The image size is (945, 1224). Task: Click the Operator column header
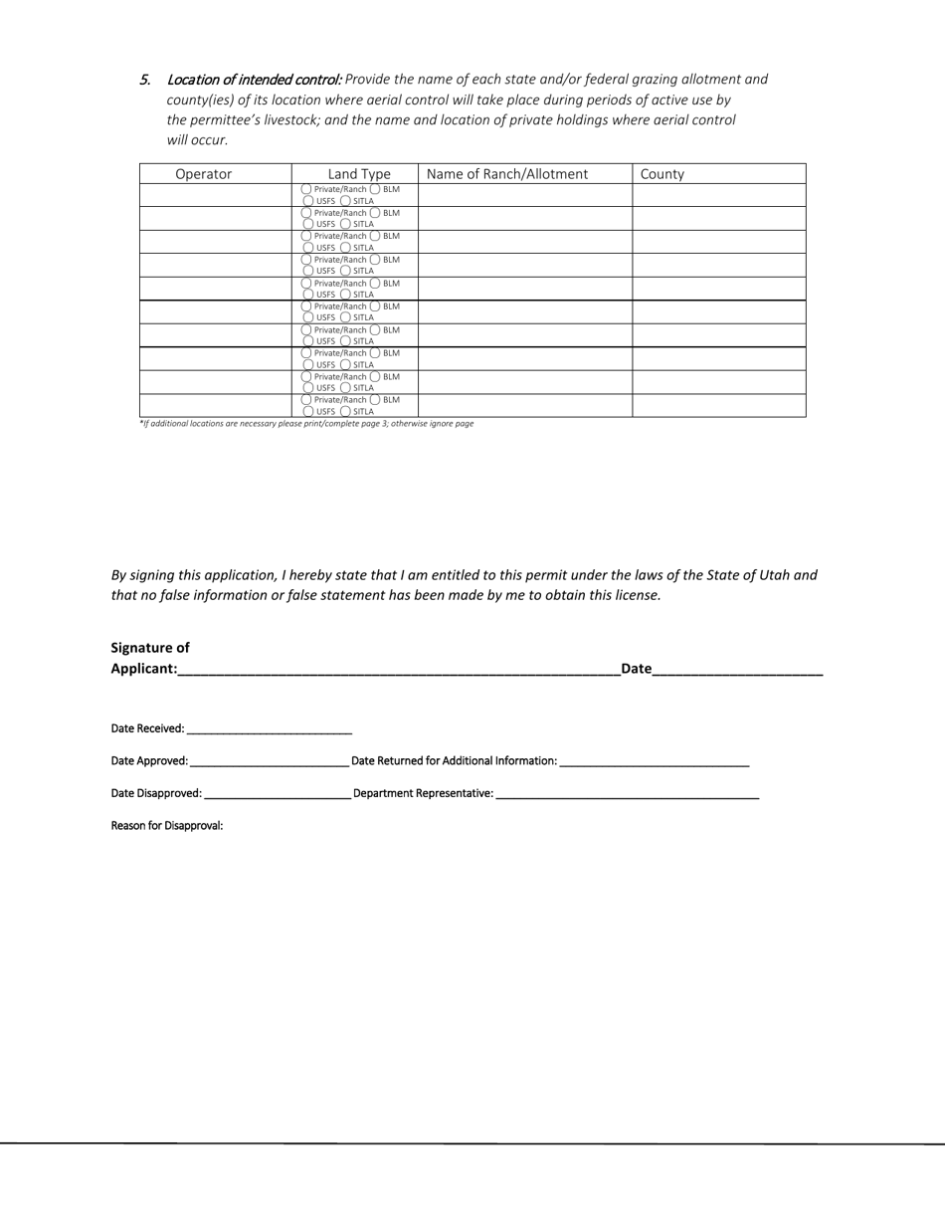pyautogui.click(x=203, y=174)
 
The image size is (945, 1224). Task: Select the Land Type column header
pyautogui.click(x=359, y=174)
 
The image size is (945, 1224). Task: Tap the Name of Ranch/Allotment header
pyautogui.click(x=507, y=174)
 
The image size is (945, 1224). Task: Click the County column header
pyautogui.click(x=662, y=174)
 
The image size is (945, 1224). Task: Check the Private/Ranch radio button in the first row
pyautogui.click(x=306, y=189)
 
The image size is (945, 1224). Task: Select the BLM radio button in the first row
pyautogui.click(x=376, y=189)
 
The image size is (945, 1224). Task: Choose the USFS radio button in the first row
pyautogui.click(x=308, y=201)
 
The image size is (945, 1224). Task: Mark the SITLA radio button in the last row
pyautogui.click(x=345, y=411)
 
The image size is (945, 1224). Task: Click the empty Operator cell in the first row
pyautogui.click(x=215, y=195)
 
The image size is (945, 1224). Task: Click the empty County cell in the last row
pyautogui.click(x=718, y=405)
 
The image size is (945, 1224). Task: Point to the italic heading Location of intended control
pyautogui.click(x=254, y=80)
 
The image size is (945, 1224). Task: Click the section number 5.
pyautogui.click(x=145, y=80)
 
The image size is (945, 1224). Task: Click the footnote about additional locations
pyautogui.click(x=306, y=424)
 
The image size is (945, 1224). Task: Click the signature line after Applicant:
pyautogui.click(x=398, y=669)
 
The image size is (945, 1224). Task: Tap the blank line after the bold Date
pyautogui.click(x=737, y=669)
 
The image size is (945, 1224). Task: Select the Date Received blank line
pyautogui.click(x=269, y=729)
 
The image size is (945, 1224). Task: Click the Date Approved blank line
pyautogui.click(x=269, y=761)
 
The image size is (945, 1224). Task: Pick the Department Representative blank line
pyautogui.click(x=627, y=794)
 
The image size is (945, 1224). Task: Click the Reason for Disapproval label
pyautogui.click(x=166, y=826)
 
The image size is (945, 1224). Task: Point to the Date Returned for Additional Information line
pyautogui.click(x=654, y=761)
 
